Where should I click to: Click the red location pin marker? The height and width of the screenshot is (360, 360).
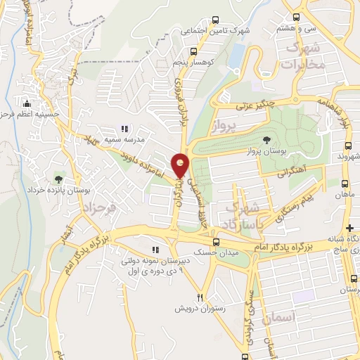click(x=181, y=165)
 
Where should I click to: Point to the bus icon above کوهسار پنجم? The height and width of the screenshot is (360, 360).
click(x=193, y=51)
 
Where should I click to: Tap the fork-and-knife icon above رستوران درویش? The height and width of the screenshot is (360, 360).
click(x=201, y=296)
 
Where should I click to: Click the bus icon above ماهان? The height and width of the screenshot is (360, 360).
click(x=344, y=184)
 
